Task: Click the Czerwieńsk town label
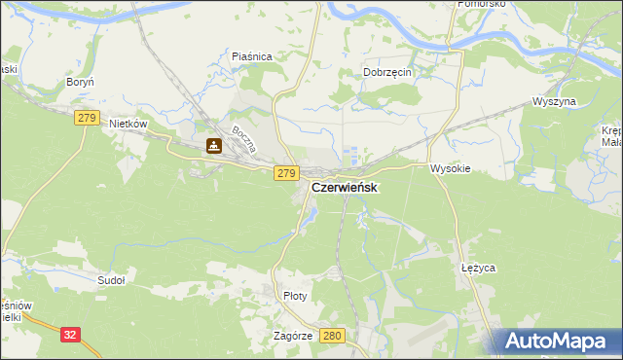(346, 187)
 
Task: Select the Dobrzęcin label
(389, 72)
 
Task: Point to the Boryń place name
(78, 83)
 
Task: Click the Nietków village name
(128, 125)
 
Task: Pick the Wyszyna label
(555, 101)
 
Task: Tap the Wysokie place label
(451, 168)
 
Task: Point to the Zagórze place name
(293, 335)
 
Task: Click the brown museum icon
(214, 147)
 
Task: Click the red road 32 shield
(69, 334)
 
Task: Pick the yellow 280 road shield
(332, 335)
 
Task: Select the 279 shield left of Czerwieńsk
(285, 173)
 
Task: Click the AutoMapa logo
(556, 342)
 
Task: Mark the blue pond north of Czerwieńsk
(352, 154)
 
